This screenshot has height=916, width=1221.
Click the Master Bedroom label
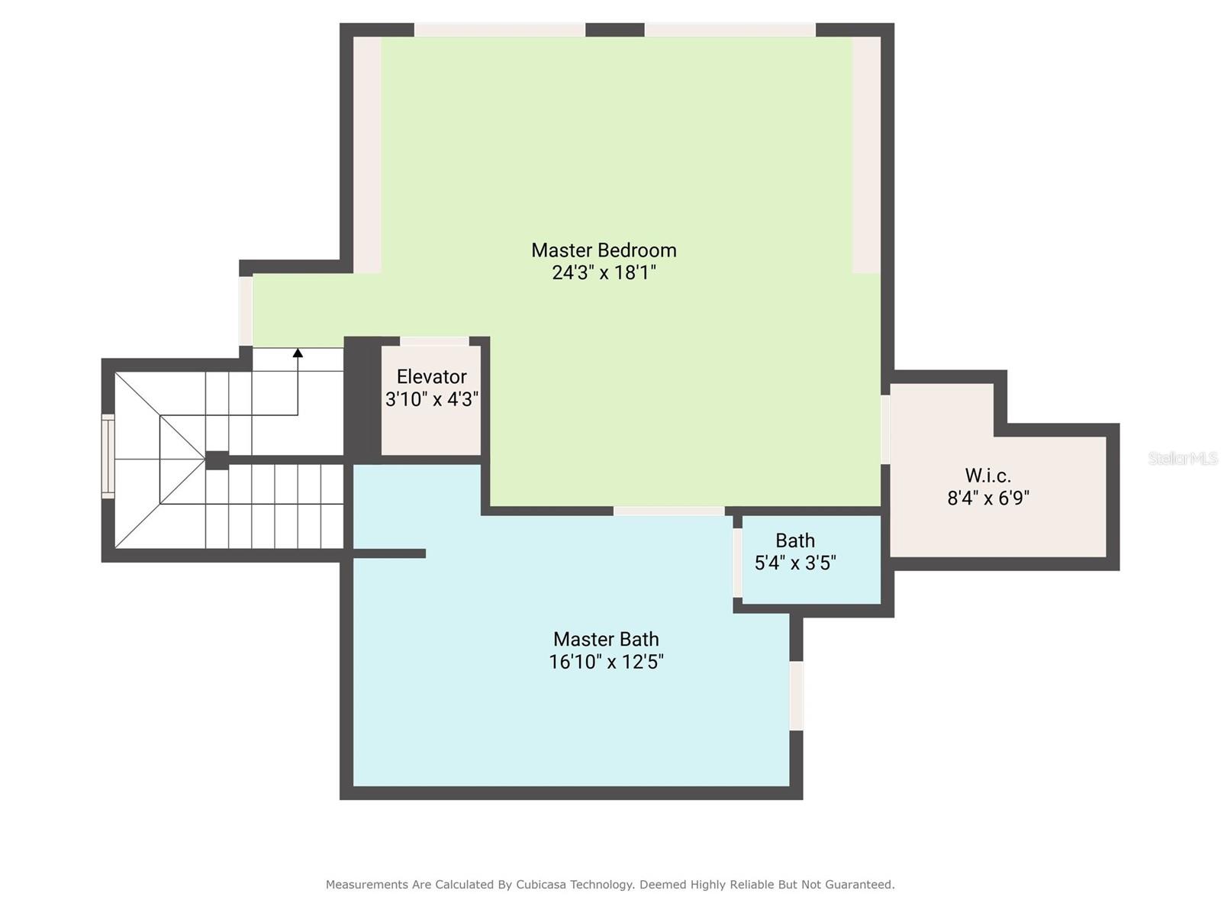coord(604,250)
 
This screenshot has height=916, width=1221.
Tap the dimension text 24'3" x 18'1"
coord(604,273)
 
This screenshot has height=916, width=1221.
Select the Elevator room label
coord(431,376)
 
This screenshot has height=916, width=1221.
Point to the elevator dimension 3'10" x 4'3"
coord(432,398)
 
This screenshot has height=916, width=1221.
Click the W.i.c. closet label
coord(987,476)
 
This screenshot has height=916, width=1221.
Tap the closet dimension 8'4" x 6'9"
coord(987,498)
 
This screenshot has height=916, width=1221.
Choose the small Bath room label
coord(795,540)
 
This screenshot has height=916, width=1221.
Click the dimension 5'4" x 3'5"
coord(795,563)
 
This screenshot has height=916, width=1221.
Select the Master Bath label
coord(606,639)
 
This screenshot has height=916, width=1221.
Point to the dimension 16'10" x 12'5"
coord(606,662)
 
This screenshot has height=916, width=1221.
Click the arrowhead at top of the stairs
coord(298,353)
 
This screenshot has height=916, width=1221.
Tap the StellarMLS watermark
coord(1182,458)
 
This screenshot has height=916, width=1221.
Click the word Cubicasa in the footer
coord(545,885)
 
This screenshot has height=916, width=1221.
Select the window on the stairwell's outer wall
coord(108,456)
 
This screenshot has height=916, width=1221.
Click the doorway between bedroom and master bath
coord(668,511)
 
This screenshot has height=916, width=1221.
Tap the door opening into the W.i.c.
coord(885,429)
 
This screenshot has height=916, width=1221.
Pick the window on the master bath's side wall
coord(796,695)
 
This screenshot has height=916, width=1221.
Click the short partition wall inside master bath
coord(388,553)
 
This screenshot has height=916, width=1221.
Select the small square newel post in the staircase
coord(217,460)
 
